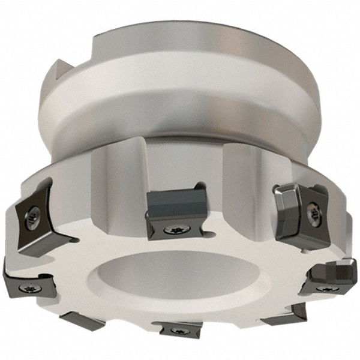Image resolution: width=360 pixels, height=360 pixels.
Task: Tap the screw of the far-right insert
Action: pos(327,288)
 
